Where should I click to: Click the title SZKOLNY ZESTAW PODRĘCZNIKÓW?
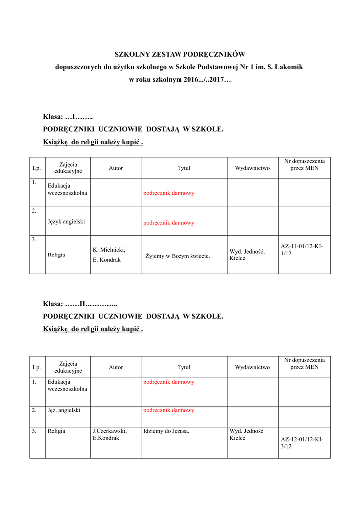pos(180,54)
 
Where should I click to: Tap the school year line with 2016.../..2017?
pos(180,79)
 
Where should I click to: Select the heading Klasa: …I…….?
pos(68,117)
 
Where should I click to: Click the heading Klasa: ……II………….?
pos(80,303)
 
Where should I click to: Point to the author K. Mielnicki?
pos(109,250)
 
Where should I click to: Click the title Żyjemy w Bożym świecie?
pos(178,256)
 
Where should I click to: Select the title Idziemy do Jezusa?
pos(166,431)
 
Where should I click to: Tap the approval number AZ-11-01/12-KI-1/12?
pos(298,250)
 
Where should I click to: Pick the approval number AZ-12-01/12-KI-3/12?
pos(298,443)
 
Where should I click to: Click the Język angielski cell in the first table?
pos(66,221)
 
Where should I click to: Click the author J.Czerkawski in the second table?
pos(110,431)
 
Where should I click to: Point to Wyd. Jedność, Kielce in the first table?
pos(247,255)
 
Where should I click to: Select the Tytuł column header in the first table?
pos(184,168)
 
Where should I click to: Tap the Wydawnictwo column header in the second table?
pos(252,367)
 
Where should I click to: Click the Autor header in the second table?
pos(116,367)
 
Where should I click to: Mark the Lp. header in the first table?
pos(37,168)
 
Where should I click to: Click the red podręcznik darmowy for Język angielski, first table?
pos(169,223)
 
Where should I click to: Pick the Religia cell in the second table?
pos(56,431)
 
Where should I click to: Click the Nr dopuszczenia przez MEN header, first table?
pos(304,165)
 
